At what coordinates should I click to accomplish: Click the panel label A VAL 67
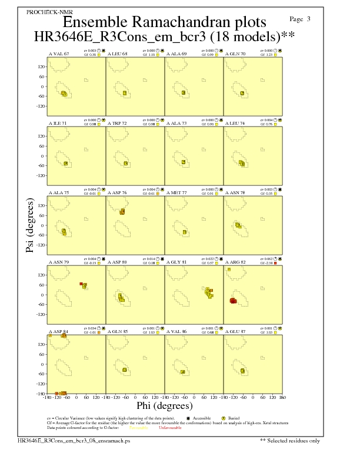(59, 54)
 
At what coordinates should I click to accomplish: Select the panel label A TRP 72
(118, 123)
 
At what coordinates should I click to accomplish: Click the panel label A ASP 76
(118, 192)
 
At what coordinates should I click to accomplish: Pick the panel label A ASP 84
(59, 331)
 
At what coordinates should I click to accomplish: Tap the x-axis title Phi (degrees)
(164, 406)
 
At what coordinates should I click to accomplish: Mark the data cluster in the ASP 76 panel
(122, 211)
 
